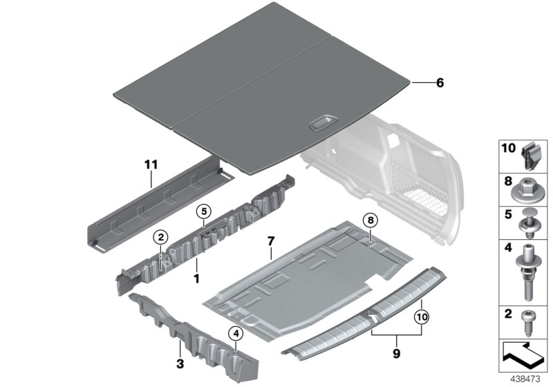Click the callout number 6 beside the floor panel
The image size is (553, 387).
420,83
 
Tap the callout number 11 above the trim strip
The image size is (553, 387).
151,164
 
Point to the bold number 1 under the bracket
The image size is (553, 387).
196,279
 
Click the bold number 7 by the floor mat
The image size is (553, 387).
270,242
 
